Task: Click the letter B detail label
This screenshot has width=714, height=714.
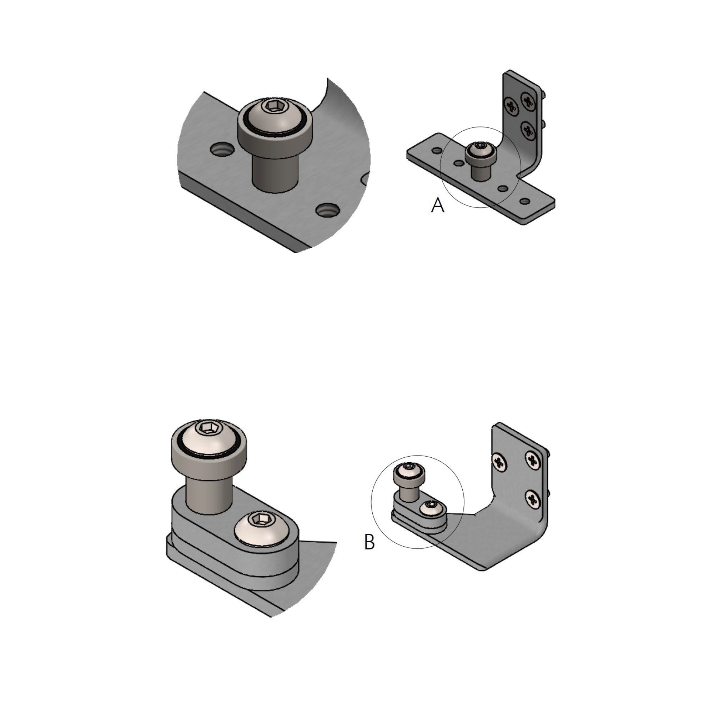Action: [x=369, y=542]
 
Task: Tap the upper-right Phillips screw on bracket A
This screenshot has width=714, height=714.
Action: [x=528, y=101]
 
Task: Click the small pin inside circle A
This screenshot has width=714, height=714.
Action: [x=481, y=160]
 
